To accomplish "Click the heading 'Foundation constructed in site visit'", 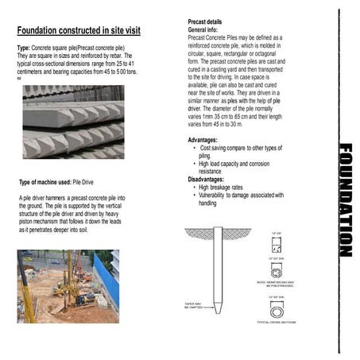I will click(79, 31).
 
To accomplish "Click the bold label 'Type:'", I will click(25, 49).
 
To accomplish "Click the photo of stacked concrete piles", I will click(72, 122).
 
